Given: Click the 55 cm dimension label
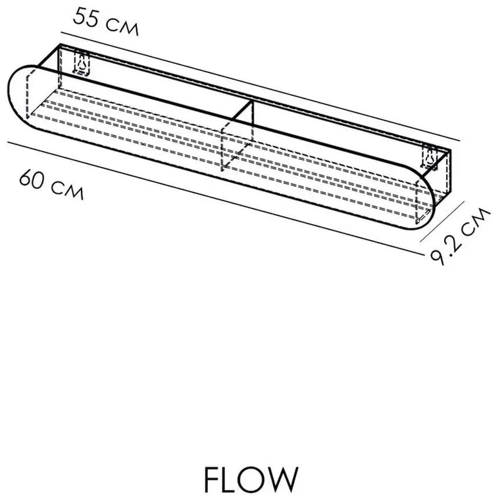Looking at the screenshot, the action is point(106,22).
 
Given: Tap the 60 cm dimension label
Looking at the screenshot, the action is point(52,184).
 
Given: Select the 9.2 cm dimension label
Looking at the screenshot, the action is point(460,236).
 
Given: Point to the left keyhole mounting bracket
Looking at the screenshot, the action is point(82,62).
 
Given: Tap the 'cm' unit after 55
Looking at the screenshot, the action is point(122,27).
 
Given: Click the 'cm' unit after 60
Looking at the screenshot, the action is point(68,190).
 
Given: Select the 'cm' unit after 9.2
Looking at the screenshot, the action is point(477,220).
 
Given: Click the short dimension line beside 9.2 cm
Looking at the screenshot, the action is point(441,221).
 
